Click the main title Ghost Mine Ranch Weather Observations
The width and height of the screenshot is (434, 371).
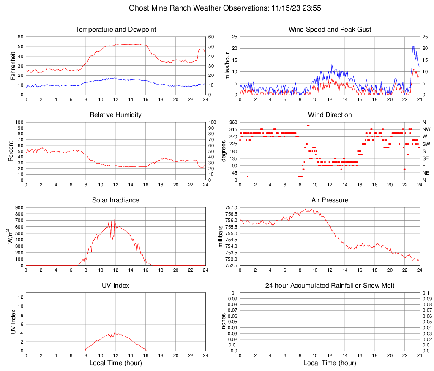click(217, 8)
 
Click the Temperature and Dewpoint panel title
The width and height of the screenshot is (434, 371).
click(115, 30)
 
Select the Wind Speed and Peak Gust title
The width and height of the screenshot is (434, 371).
click(330, 30)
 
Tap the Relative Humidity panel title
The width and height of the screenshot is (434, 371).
click(115, 115)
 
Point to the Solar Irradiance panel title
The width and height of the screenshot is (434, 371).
click(115, 200)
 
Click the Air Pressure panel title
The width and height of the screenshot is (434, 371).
click(330, 200)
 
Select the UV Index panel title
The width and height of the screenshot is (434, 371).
click(115, 286)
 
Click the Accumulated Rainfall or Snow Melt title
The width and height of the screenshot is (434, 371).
click(330, 286)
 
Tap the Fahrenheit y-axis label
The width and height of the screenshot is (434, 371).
click(13, 65)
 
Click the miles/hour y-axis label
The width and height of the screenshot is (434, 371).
click(227, 65)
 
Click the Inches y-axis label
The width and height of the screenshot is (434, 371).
click(224, 322)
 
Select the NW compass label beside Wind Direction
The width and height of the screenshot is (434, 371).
click(426, 129)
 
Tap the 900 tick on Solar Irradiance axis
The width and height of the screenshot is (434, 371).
click(19, 207)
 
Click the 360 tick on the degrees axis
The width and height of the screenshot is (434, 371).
click(232, 122)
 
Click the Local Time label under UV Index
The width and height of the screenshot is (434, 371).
click(115, 363)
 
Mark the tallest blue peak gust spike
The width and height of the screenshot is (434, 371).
click(415, 44)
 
